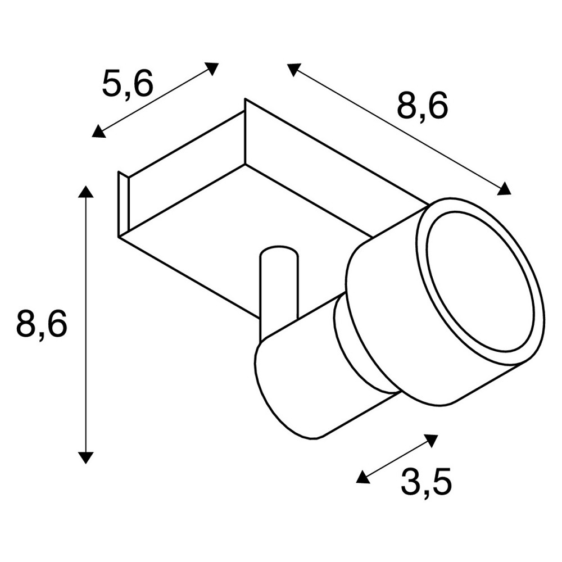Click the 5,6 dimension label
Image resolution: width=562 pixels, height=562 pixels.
click(128, 85)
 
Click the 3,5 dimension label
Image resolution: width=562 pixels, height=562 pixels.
click(426, 482)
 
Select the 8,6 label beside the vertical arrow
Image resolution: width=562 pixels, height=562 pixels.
click(42, 324)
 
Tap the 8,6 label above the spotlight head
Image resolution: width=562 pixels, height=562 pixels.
click(423, 106)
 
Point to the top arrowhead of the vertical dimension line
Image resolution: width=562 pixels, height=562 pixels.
click(85, 192)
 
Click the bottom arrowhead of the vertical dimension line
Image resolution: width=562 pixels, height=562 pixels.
click(85, 458)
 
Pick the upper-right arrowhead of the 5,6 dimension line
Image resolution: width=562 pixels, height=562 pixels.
click(212, 68)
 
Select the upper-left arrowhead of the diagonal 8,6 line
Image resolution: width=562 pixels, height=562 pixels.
click(294, 69)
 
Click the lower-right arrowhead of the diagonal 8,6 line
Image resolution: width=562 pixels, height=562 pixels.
click(504, 188)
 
